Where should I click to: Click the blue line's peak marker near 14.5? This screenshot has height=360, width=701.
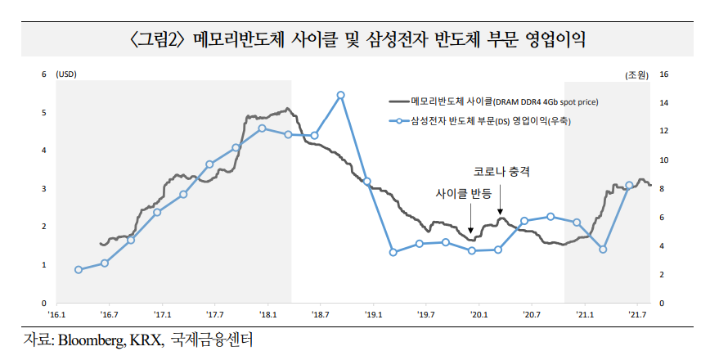341,95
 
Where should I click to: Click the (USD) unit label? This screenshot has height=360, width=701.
66,74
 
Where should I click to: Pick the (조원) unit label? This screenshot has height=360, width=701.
636,74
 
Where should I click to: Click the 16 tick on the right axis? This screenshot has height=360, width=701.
664,74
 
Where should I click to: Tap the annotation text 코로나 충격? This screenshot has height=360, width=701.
502,173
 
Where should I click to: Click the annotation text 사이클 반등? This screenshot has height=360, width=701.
464,194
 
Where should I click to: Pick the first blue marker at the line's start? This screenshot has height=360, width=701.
79,270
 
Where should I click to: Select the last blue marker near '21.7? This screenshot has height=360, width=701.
629,185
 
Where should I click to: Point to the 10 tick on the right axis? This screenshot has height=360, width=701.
664,160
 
